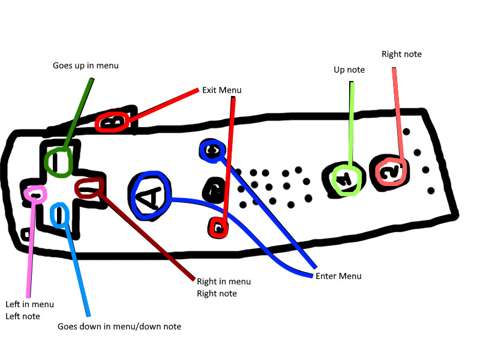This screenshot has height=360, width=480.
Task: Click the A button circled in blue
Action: pyautogui.click(x=150, y=196)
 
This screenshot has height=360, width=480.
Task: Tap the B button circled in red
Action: pyautogui.click(x=112, y=122)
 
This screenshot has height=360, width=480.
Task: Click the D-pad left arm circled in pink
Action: pyautogui.click(x=35, y=194)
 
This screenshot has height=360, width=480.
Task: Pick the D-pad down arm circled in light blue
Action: pyautogui.click(x=60, y=215)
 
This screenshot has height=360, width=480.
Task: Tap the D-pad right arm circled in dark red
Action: pyautogui.click(x=89, y=188)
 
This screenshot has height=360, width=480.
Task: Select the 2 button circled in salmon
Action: pyautogui.click(x=391, y=170)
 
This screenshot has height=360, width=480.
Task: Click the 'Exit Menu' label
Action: pyautogui.click(x=221, y=90)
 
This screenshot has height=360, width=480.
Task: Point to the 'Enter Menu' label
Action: pyautogui.click(x=338, y=276)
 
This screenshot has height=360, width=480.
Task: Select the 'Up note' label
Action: pyautogui.click(x=349, y=70)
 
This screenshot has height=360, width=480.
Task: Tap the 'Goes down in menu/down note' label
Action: pyautogui.click(x=119, y=326)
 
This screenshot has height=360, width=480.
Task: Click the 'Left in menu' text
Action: pyautogui.click(x=29, y=304)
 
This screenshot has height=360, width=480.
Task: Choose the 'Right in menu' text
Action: pyautogui.click(x=224, y=281)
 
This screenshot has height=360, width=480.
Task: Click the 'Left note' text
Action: pyautogui.click(x=23, y=316)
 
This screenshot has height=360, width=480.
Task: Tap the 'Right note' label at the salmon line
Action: pyautogui.click(x=401, y=54)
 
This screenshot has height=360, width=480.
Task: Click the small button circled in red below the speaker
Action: pyautogui.click(x=218, y=228)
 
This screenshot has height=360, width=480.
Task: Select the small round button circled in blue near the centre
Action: pyautogui.click(x=212, y=151)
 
